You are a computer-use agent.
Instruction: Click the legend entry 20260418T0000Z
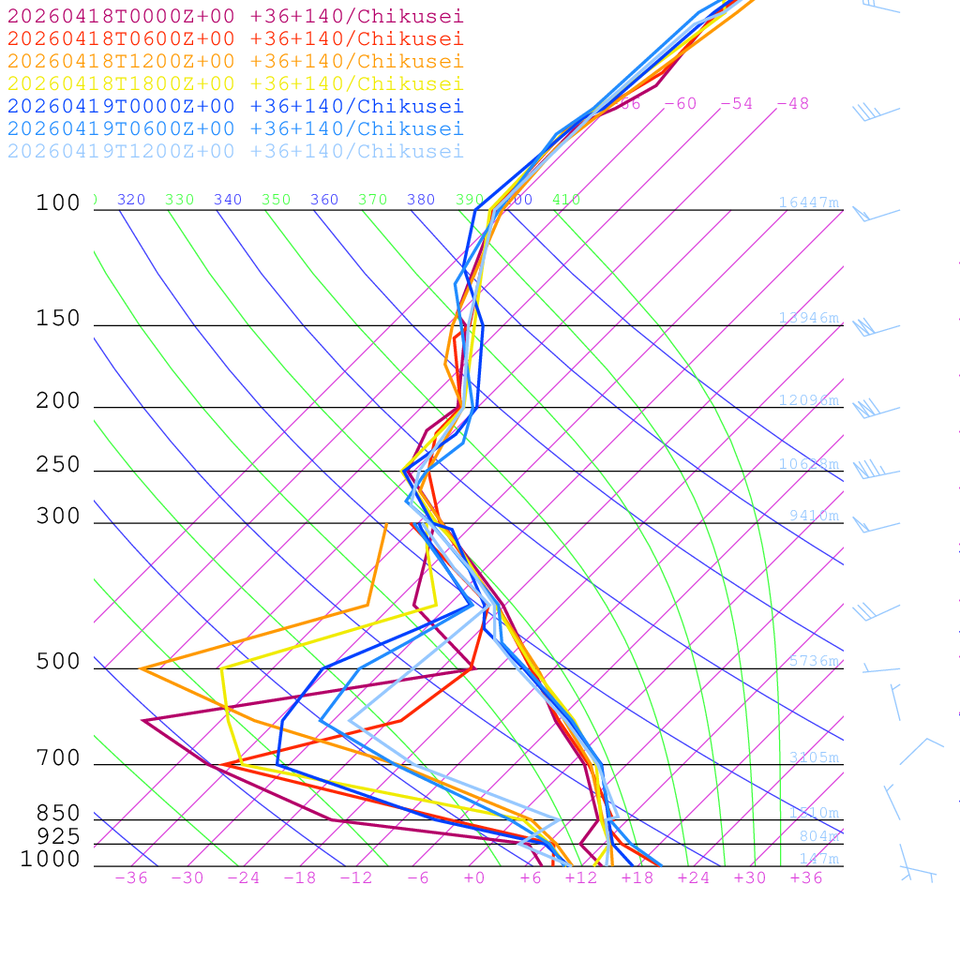234,16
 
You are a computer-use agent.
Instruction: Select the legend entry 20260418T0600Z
234,38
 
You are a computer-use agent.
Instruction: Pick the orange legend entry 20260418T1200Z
234,61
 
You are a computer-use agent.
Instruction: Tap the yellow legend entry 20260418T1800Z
234,83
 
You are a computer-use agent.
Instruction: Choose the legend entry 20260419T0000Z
234,106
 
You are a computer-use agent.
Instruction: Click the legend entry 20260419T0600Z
234,128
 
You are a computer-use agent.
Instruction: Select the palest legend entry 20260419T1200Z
234,151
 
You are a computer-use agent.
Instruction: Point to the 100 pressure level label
58,202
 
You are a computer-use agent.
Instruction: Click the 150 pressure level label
58,319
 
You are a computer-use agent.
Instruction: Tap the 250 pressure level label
58,465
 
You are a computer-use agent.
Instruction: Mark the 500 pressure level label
58,662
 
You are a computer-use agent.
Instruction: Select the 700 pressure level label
58,758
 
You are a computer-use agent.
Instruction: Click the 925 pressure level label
58,836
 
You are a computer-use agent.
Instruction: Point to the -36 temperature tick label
131,877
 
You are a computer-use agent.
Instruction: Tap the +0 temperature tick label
474,877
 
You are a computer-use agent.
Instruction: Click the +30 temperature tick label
750,877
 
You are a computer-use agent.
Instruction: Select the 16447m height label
808,202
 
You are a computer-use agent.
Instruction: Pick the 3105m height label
814,757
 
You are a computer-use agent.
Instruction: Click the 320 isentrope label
131,200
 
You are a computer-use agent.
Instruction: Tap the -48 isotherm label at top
792,103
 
